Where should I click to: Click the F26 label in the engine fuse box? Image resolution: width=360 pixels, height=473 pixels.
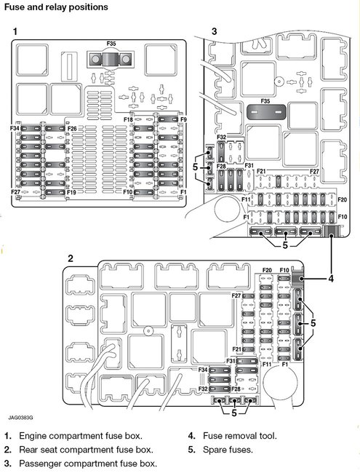pyautogui.click(x=72, y=129)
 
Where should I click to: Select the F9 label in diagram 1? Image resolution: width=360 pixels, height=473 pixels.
pyautogui.click(x=183, y=119)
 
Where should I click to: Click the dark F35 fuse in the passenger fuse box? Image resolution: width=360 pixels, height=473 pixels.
pyautogui.click(x=265, y=113)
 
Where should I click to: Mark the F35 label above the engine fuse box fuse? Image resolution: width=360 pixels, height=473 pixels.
pyautogui.click(x=111, y=44)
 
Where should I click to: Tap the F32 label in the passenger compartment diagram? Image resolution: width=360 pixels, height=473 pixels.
pyautogui.click(x=221, y=138)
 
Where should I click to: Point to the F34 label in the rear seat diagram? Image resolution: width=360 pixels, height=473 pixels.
pyautogui.click(x=203, y=370)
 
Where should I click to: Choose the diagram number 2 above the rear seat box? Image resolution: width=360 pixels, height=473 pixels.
pyautogui.click(x=70, y=258)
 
